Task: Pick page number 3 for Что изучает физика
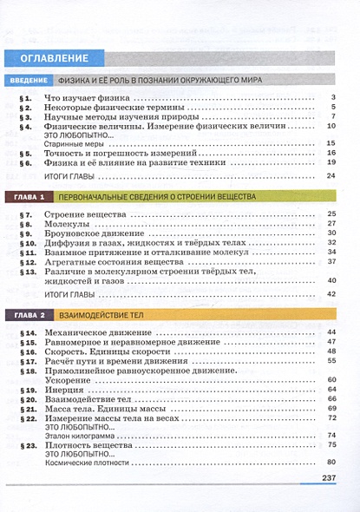click(x=333, y=97)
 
